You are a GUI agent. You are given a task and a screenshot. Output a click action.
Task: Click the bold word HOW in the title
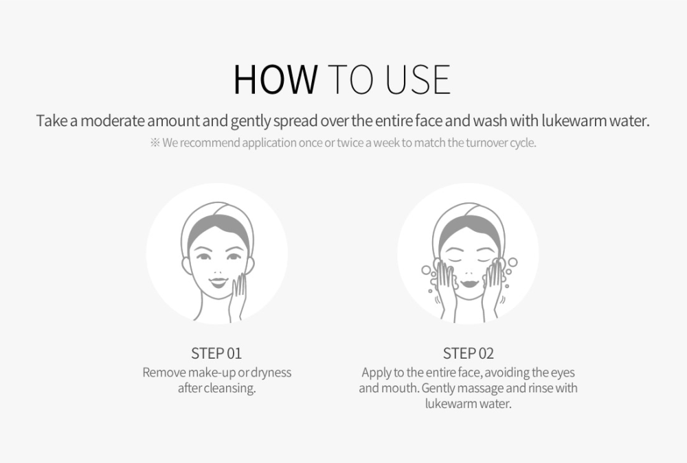[x=275, y=79]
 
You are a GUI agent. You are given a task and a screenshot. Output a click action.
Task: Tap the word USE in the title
[x=418, y=79]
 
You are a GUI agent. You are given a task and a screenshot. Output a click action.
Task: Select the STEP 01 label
[x=216, y=353]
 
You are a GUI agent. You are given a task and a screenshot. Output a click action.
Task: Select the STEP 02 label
[x=469, y=353]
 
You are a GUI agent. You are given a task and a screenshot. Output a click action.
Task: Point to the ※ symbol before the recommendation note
[x=155, y=143]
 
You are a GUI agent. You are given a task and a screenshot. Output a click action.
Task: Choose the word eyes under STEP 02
[x=563, y=372]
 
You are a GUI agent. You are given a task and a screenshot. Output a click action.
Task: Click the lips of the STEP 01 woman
[x=218, y=281]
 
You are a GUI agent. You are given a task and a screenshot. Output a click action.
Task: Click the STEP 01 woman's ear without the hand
[x=186, y=265]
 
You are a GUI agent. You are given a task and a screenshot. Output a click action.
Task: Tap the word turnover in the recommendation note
[x=487, y=143]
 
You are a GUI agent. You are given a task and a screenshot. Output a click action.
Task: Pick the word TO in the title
[x=350, y=79]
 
